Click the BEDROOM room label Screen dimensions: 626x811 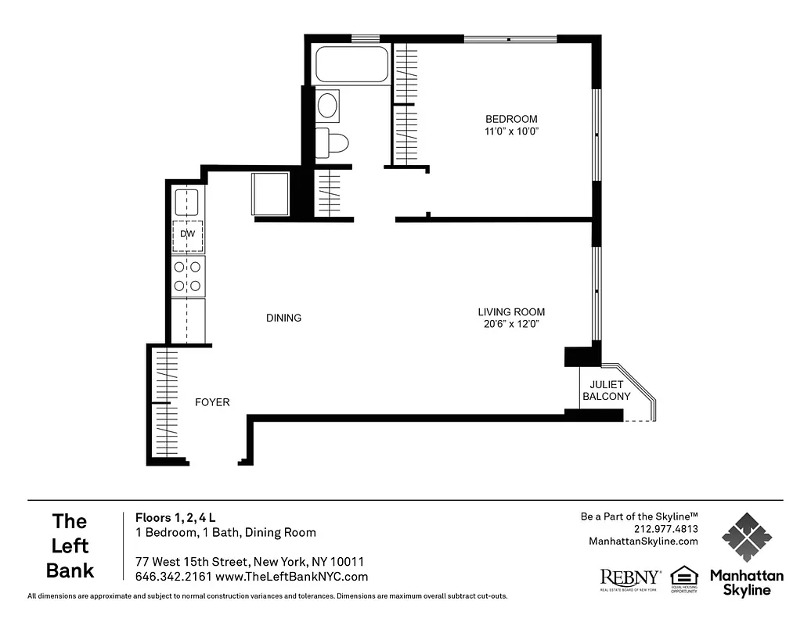(x=511, y=119)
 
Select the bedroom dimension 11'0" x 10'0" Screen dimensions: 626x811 (x=511, y=131)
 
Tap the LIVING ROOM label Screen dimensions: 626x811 (x=511, y=311)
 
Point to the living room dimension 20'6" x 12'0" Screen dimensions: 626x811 (x=511, y=324)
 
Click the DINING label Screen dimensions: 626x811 (x=283, y=318)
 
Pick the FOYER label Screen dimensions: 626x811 (x=212, y=402)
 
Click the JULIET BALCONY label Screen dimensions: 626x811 (x=606, y=390)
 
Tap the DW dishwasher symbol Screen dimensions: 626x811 (x=188, y=235)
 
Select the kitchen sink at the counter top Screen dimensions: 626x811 (x=186, y=203)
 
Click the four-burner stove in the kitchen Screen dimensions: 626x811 (x=188, y=275)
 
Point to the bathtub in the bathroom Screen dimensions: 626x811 (x=351, y=65)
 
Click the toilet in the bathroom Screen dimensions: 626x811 (x=332, y=142)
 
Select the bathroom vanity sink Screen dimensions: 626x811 (x=328, y=105)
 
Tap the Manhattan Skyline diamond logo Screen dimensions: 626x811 (x=746, y=538)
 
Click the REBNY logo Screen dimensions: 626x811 (x=629, y=577)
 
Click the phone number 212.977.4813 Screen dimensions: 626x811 (x=665, y=528)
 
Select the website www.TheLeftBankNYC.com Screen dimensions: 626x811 (x=291, y=577)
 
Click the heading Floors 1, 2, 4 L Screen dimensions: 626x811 (x=175, y=517)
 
